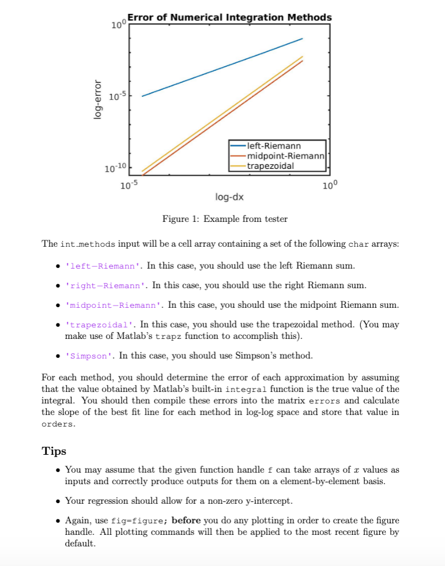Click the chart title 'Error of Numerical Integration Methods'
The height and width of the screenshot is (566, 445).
[x=229, y=17]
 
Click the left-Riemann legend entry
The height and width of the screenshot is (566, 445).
[x=273, y=145]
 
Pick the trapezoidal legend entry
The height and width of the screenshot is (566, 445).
[x=270, y=166]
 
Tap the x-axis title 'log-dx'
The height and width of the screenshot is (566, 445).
[x=229, y=198]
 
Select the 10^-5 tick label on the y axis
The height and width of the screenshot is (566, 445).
[x=118, y=96]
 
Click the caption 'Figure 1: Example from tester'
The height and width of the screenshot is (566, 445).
[x=225, y=219]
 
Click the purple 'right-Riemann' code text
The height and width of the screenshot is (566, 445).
[x=107, y=286]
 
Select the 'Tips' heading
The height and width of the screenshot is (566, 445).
[x=54, y=451]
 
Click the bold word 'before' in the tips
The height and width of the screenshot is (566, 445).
[x=186, y=520]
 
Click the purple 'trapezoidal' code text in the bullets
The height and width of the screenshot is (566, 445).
[x=100, y=325]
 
